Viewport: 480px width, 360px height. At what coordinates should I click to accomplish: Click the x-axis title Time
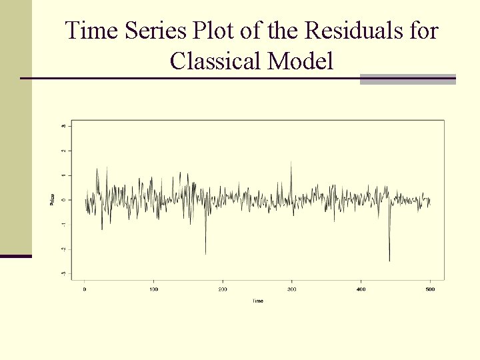[x=257, y=301]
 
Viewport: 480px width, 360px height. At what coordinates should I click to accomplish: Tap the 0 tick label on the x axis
[x=85, y=289]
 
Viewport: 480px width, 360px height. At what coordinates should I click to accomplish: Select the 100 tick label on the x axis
[x=153, y=289]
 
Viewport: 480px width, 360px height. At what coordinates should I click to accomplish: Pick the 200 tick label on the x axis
[x=223, y=289]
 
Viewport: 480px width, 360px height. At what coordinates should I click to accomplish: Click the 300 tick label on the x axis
[x=291, y=289]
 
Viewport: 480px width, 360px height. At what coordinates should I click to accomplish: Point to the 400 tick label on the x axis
[x=361, y=289]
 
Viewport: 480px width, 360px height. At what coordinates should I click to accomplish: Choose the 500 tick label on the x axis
[x=429, y=289]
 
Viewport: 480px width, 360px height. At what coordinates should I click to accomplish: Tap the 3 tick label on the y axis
[x=63, y=126]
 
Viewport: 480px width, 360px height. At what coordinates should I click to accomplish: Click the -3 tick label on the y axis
[x=63, y=273]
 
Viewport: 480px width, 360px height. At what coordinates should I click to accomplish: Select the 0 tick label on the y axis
[x=63, y=200]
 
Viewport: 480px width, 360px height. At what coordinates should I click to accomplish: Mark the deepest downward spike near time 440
[x=389, y=261]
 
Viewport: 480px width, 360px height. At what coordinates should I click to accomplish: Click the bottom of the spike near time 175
[x=205, y=253]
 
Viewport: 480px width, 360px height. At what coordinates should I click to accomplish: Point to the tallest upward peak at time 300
[x=291, y=162]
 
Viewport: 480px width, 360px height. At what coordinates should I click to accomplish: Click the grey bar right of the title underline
[x=407, y=79]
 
